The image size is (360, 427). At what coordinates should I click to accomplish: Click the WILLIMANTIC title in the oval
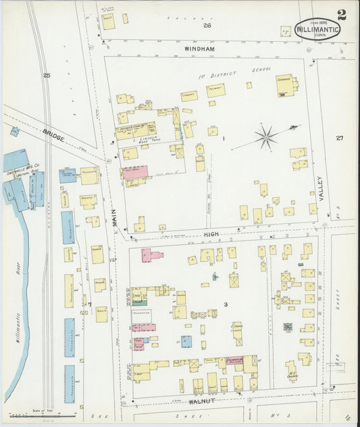click(317, 29)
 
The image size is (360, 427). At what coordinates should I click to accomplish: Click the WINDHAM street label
click(199, 49)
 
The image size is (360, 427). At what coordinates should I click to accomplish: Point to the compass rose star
click(267, 137)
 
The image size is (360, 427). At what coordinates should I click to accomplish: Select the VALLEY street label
click(321, 188)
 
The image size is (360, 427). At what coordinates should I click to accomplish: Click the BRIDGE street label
click(53, 134)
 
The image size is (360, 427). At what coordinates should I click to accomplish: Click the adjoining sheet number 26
click(207, 25)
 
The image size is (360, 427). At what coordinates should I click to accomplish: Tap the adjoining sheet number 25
click(46, 75)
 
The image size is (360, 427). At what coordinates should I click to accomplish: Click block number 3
click(226, 305)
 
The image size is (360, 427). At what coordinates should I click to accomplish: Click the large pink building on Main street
click(134, 172)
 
